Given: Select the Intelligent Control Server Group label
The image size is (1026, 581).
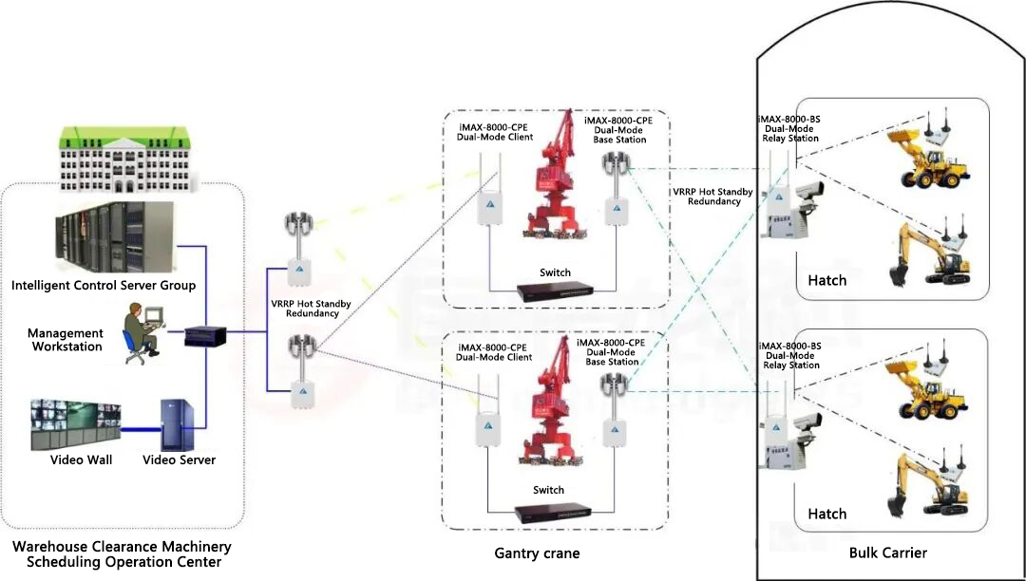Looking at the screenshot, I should [104, 285].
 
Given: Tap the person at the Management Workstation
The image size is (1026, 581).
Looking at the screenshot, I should [139, 332].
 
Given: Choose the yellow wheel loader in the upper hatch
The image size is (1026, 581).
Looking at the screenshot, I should [927, 156].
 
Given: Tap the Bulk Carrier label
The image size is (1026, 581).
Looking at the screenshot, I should [887, 553].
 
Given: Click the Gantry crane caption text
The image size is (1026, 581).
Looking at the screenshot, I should [537, 553].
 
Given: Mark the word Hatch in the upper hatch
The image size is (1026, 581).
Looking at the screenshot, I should [826, 280].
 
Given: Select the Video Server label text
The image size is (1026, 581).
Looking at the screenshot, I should [179, 460].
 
